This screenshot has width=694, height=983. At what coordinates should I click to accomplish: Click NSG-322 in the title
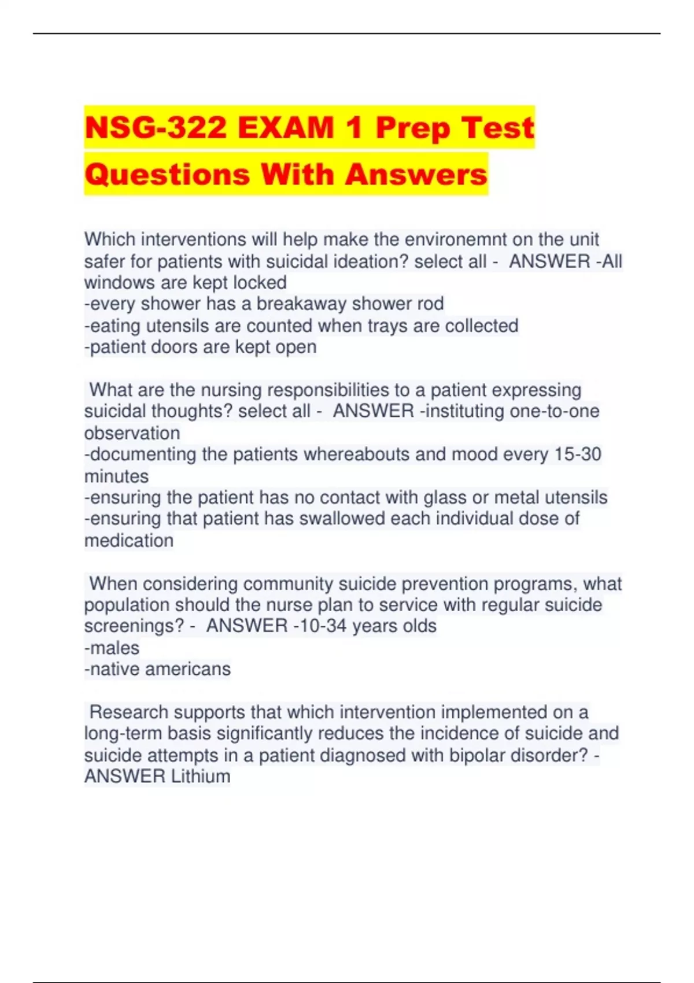pyautogui.click(x=155, y=128)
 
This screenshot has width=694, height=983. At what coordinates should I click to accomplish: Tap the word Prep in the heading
pyautogui.click(x=412, y=128)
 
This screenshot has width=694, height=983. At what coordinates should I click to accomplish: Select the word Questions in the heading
pyautogui.click(x=167, y=174)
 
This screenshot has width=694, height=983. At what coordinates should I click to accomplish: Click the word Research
pyautogui.click(x=128, y=712)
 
